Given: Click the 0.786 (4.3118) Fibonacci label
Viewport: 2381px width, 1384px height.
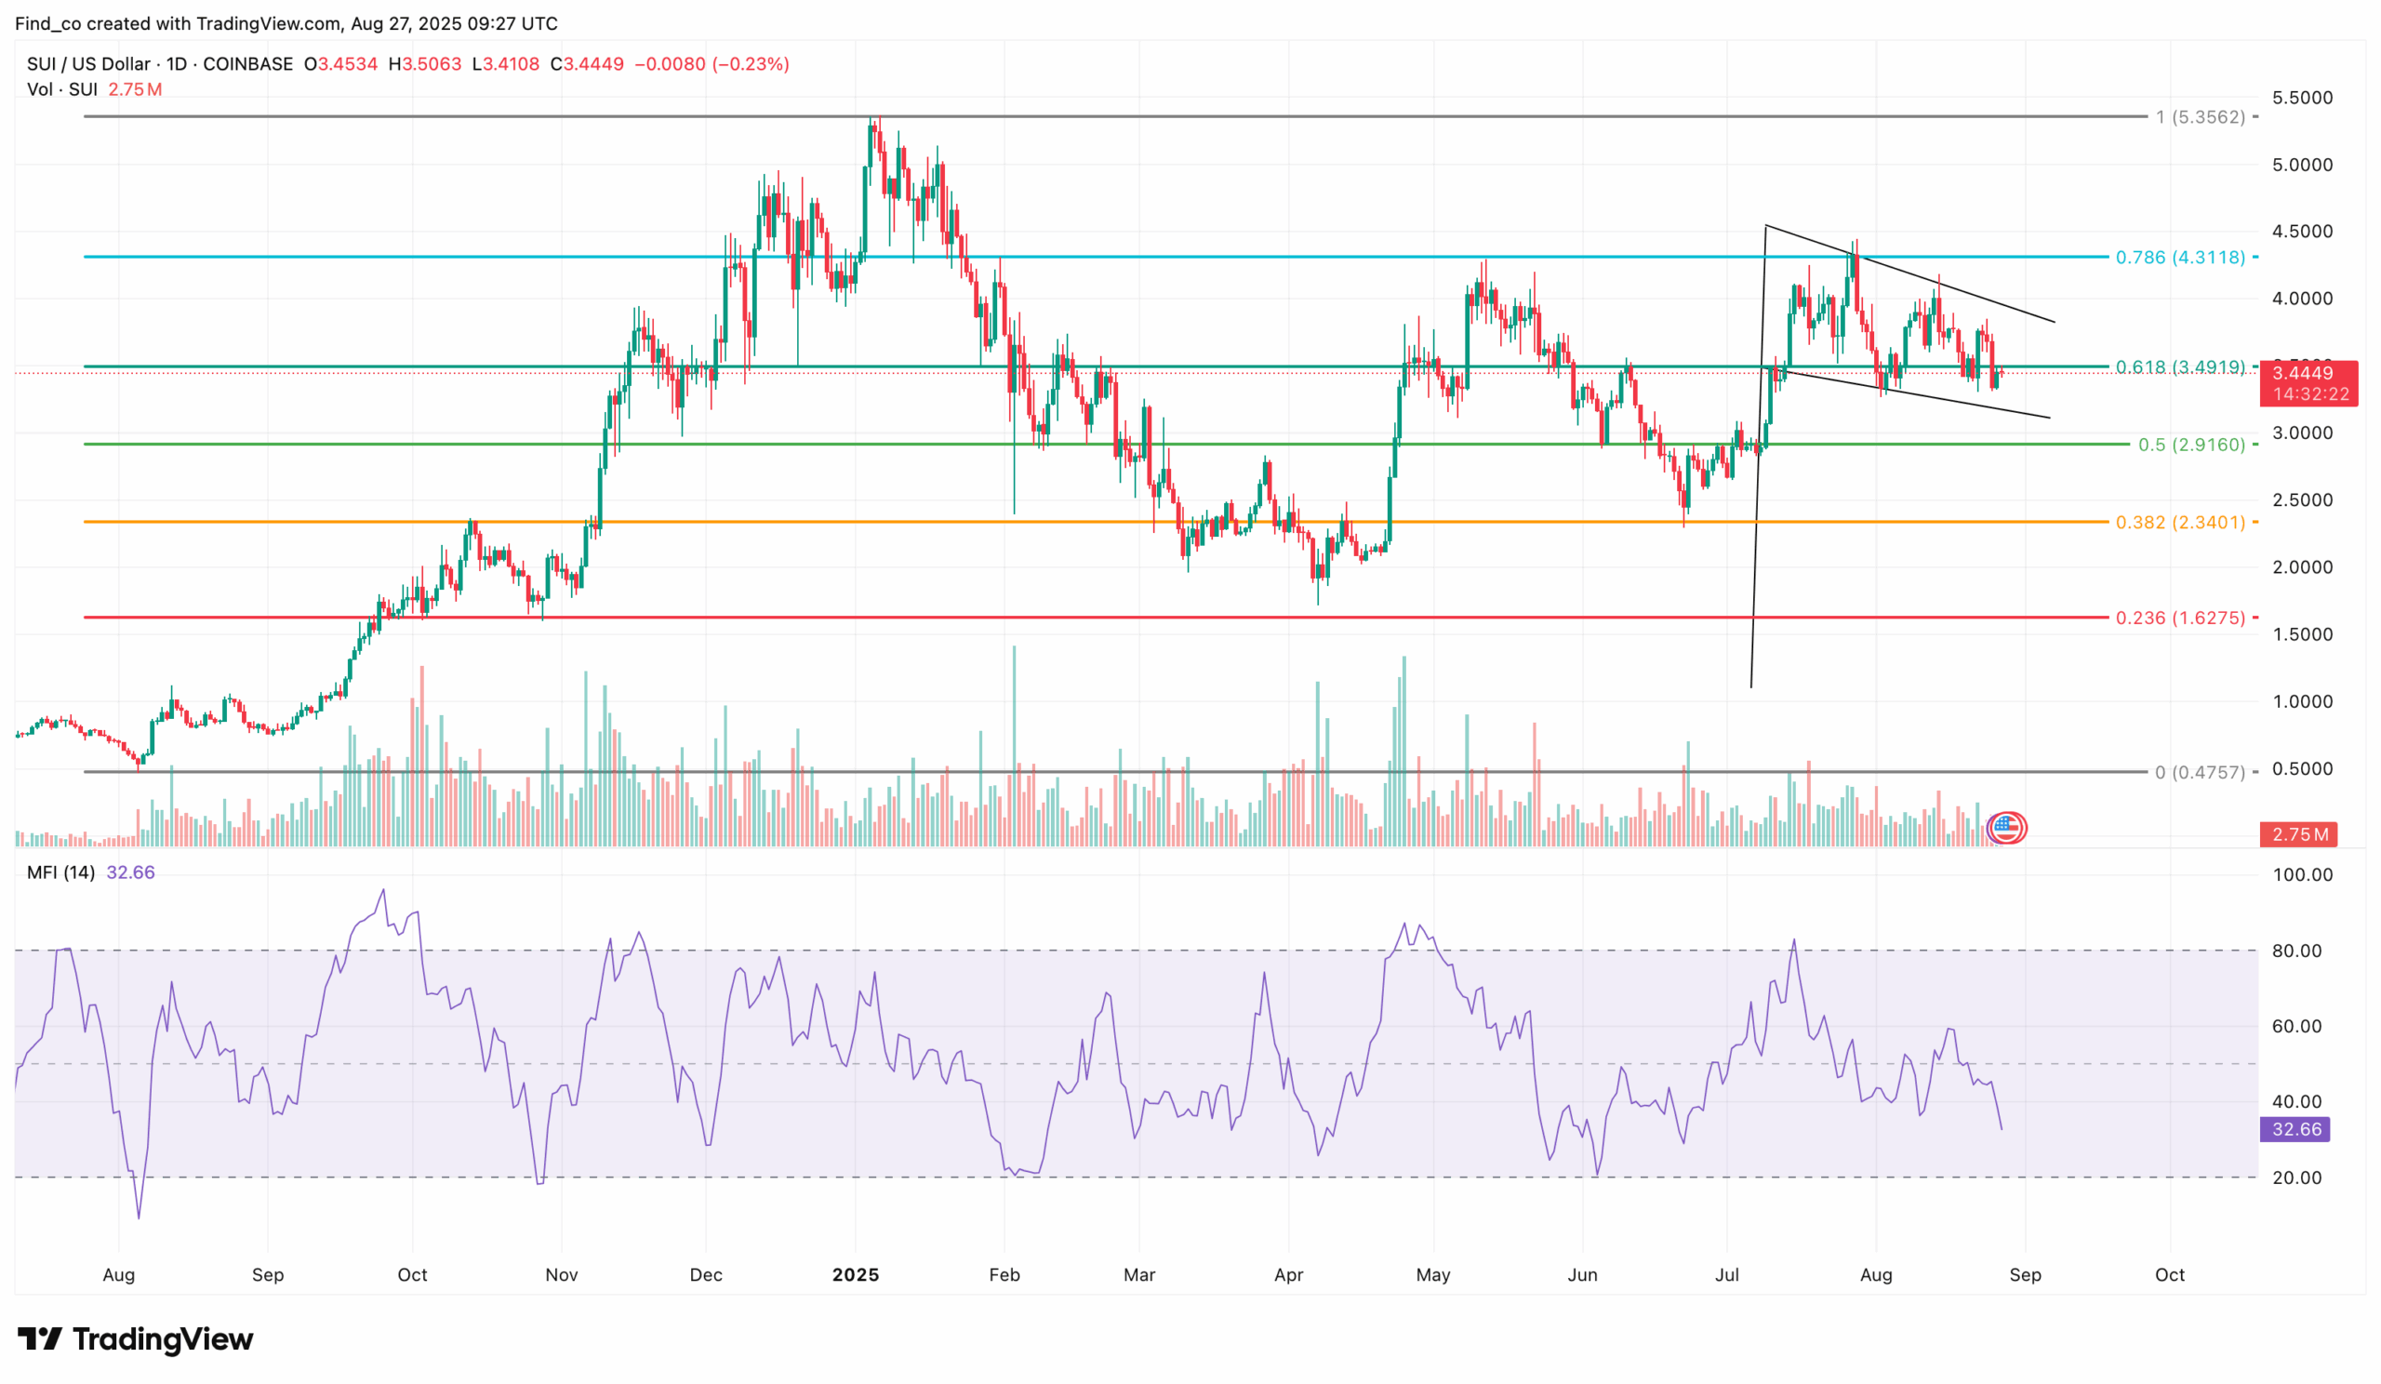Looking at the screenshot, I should [x=2179, y=257].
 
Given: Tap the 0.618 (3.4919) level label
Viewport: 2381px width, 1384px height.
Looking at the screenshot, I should [x=2179, y=366].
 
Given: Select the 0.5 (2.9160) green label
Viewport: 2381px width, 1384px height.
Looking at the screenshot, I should [x=2191, y=444].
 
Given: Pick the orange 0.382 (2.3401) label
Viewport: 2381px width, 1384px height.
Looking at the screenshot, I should [x=2179, y=522].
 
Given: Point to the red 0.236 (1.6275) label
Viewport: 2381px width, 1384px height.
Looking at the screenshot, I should [x=2179, y=618].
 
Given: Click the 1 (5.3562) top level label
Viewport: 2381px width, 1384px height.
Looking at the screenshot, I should [x=2200, y=117].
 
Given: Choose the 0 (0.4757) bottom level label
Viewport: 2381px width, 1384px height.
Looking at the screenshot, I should [x=2200, y=772].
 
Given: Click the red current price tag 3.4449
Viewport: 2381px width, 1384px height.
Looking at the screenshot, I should [x=2308, y=373].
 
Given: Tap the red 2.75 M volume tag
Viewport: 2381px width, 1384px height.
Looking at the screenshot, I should [x=2298, y=834].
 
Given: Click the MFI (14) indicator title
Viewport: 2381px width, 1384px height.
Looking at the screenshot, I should [x=60, y=872].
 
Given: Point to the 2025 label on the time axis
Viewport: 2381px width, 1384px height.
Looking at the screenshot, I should [x=855, y=1274].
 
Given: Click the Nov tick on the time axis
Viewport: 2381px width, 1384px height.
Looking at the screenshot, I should [x=561, y=1274].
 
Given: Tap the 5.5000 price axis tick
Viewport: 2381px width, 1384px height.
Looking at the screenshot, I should [x=2302, y=98].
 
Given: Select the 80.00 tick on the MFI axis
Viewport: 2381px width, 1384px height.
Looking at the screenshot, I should [x=2296, y=951].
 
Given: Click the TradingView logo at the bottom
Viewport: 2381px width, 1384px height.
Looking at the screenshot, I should [x=135, y=1338].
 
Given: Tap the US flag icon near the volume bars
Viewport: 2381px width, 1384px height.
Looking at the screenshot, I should [x=2006, y=828].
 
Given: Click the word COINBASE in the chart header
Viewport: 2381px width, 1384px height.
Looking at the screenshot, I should [x=247, y=64].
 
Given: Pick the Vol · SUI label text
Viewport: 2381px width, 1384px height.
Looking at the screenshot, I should [x=62, y=89].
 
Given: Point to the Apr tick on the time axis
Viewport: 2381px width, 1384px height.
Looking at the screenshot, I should [x=1288, y=1274].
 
